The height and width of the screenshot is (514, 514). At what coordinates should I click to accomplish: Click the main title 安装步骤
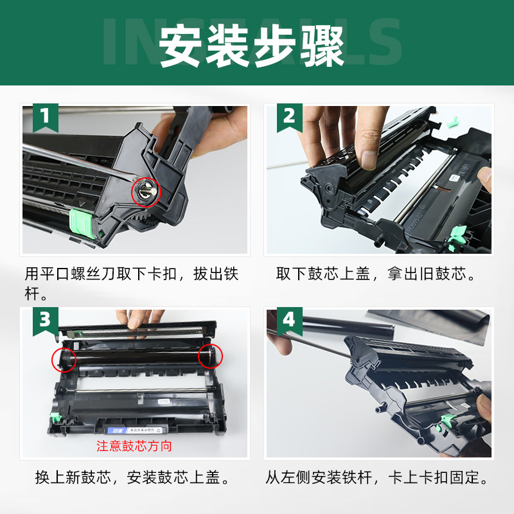(x=253, y=46)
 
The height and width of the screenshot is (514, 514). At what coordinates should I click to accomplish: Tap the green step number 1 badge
(x=44, y=117)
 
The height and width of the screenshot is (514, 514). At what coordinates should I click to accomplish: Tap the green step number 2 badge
(x=289, y=117)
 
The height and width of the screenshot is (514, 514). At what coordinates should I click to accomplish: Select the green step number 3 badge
(x=44, y=319)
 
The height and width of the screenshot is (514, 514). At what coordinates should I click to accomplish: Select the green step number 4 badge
(x=289, y=319)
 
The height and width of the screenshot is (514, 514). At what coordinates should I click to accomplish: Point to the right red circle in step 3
(x=210, y=355)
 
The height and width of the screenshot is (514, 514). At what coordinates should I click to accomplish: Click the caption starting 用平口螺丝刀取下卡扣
(x=131, y=283)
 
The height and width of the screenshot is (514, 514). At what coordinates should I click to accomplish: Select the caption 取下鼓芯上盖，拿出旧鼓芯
(x=377, y=274)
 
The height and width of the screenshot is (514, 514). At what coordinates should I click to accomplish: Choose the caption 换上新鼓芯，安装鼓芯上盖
(x=132, y=478)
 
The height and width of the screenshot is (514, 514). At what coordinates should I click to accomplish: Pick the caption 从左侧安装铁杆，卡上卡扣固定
(x=377, y=478)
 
